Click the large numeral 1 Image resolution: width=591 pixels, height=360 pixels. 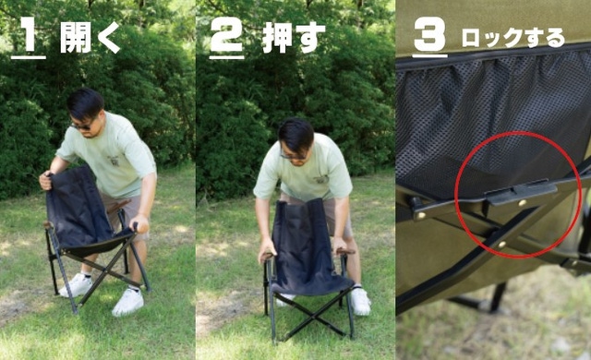click(28, 34)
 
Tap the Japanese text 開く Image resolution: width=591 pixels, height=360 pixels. click(90, 37)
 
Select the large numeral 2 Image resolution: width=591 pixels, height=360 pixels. click(226, 34)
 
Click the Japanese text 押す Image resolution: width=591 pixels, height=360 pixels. click(294, 37)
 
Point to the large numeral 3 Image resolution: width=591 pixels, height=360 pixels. click(429, 34)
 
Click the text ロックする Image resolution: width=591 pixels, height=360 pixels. click(513, 38)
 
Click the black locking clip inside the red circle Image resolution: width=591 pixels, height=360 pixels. click(521, 192)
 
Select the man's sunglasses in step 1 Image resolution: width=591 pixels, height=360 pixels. click(82, 126)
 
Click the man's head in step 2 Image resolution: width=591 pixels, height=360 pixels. click(296, 140)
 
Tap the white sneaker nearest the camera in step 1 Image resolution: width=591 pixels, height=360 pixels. click(128, 302)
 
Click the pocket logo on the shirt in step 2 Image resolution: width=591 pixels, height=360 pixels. click(321, 179)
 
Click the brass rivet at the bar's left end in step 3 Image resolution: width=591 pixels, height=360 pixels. click(420, 215)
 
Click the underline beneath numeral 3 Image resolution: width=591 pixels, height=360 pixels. click(429, 56)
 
